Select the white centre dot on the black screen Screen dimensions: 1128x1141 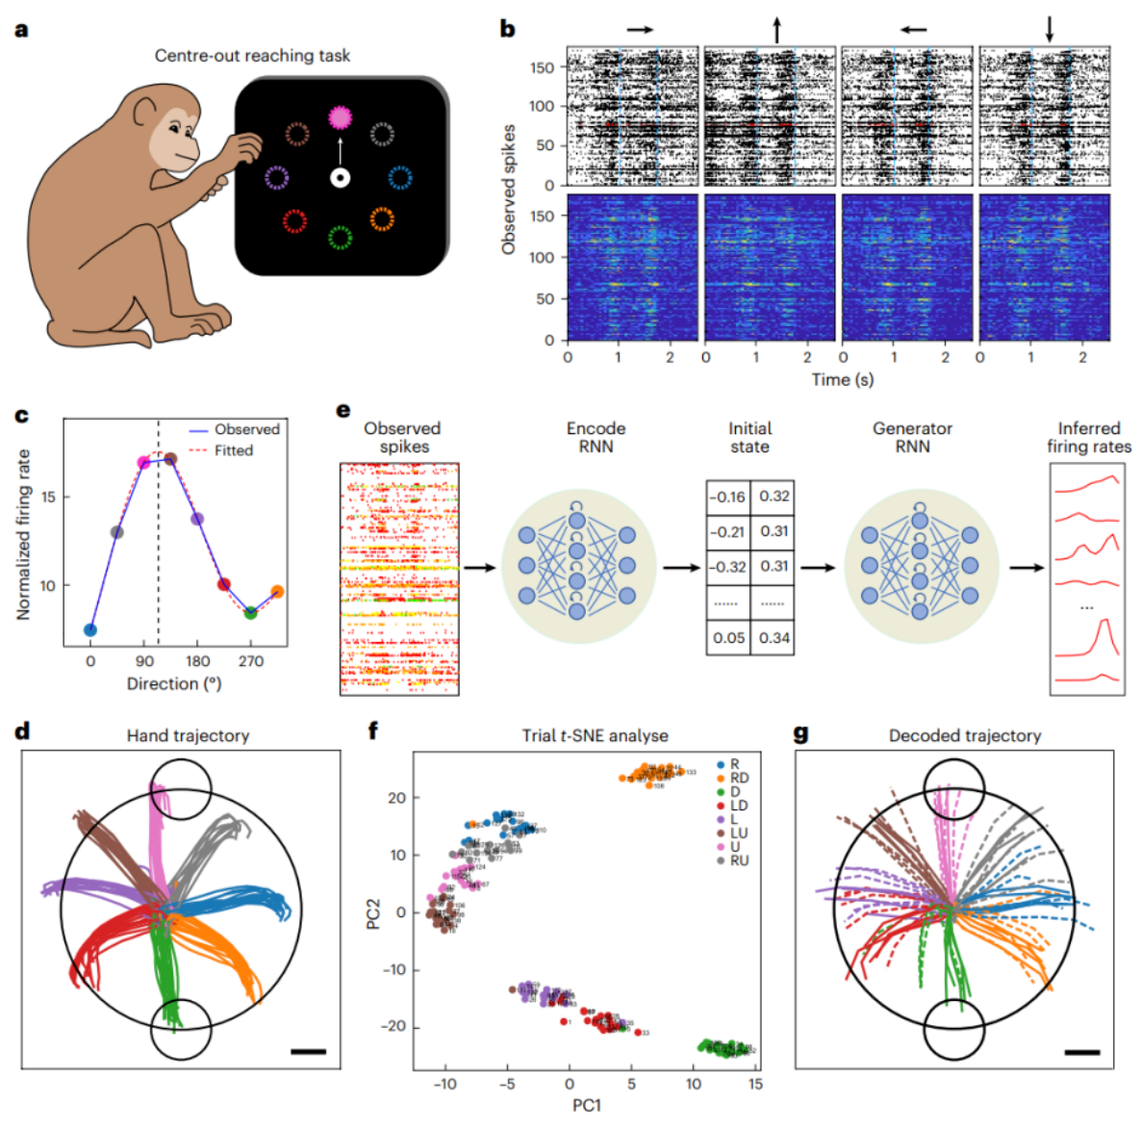[340, 178]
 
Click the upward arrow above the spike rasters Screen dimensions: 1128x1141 [776, 31]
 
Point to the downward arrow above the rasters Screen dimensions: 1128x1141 [1050, 30]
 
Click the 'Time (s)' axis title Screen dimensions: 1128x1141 [842, 379]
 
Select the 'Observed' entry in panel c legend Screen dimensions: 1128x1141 [246, 429]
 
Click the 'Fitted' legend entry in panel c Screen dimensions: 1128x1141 [233, 450]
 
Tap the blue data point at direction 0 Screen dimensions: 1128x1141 [90, 630]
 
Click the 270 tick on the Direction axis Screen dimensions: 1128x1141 [251, 661]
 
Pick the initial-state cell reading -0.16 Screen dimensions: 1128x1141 [727, 497]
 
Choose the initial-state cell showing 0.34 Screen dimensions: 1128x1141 [773, 637]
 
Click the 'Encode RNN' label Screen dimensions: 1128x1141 [596, 437]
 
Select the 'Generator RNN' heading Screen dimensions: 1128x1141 [912, 437]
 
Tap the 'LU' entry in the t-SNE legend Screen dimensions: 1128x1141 [738, 833]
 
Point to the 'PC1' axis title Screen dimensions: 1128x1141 [586, 1105]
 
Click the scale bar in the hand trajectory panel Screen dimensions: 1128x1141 [308, 1052]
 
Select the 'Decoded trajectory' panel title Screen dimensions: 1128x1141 [964, 735]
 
